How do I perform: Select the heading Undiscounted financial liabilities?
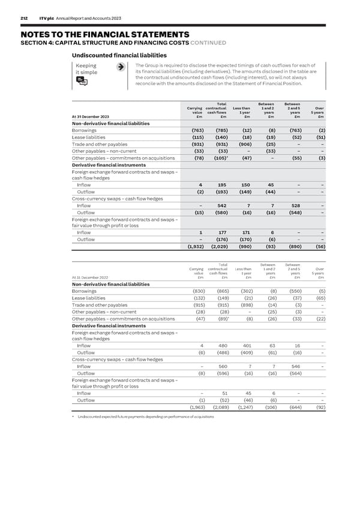pyautogui.click(x=120, y=55)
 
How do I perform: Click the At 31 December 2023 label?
pyautogui.click(x=90, y=117)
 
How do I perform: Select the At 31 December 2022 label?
pyautogui.click(x=90, y=277)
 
